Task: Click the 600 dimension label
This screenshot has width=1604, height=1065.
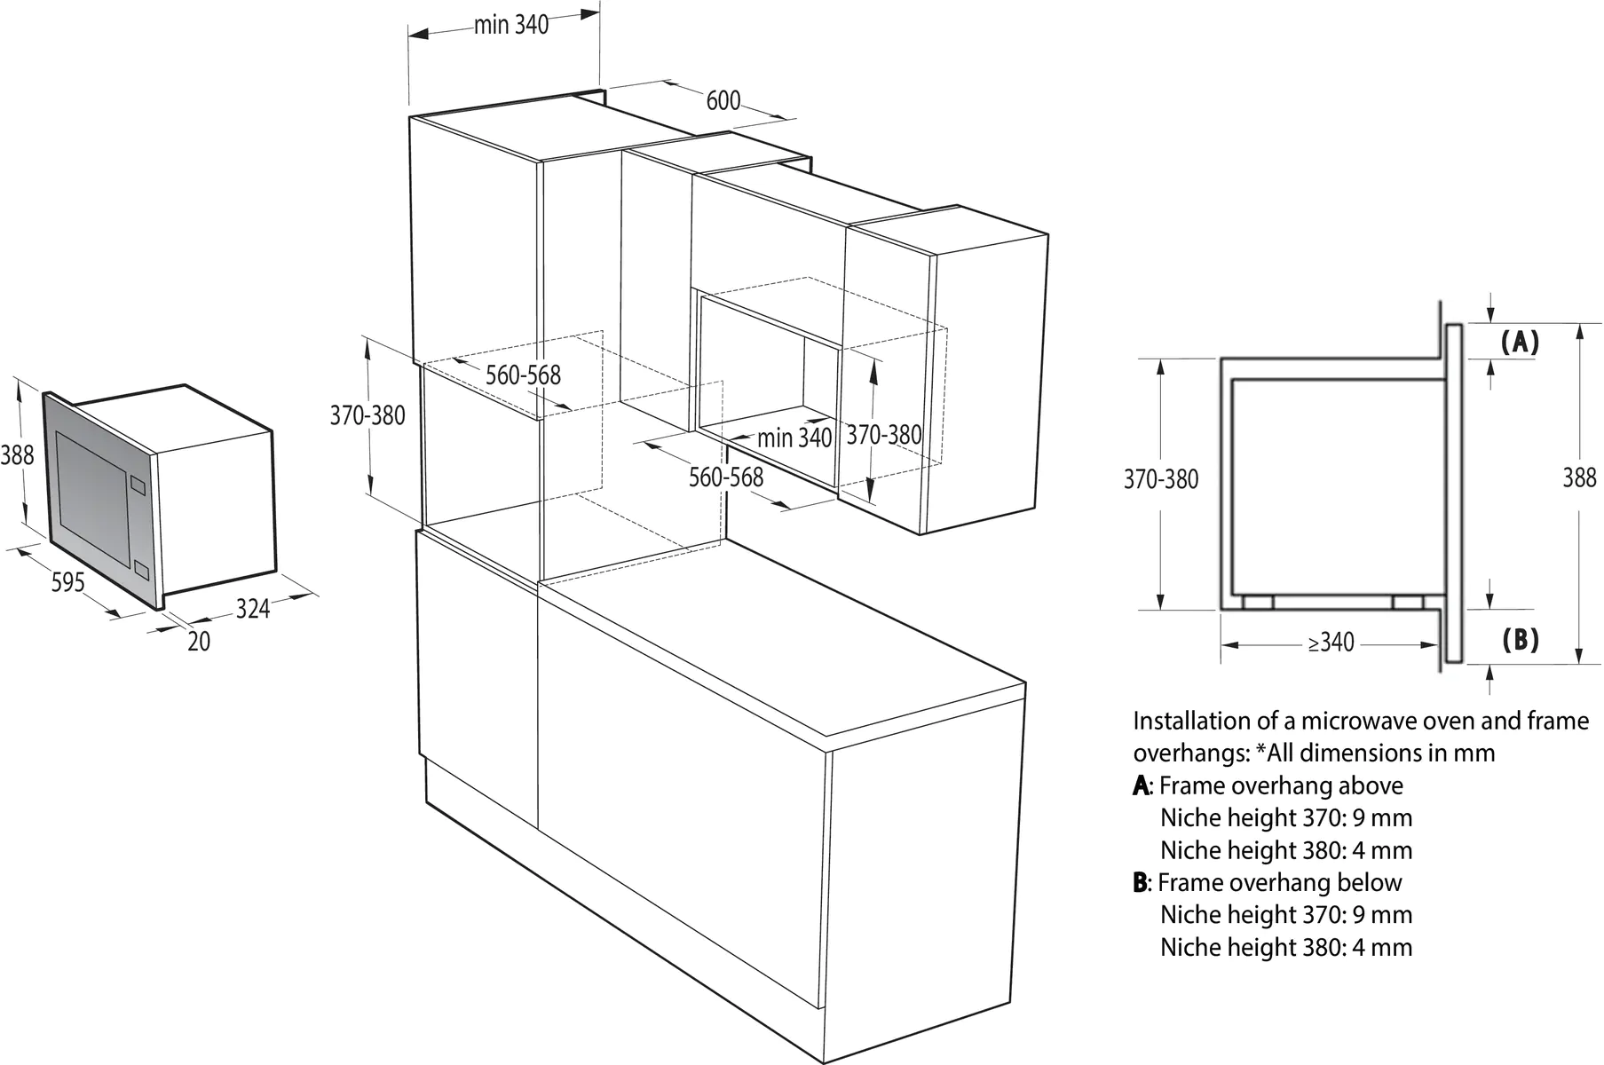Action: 723,100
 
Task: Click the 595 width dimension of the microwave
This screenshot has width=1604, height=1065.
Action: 67,582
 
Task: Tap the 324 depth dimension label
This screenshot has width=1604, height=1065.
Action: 253,609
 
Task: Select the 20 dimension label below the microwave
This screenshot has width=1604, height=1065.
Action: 199,641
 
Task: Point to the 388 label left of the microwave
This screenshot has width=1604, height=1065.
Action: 17,455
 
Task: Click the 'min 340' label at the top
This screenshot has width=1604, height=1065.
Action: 511,25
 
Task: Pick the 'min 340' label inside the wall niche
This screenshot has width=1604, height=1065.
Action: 794,437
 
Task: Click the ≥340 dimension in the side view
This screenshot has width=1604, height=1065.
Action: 1331,642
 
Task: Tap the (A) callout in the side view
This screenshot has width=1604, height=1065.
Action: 1520,342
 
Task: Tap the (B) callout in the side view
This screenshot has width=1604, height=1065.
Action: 1520,639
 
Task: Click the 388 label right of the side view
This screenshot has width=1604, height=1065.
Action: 1579,477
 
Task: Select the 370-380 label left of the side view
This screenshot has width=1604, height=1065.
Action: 1160,479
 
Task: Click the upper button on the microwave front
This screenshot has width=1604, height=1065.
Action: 137,484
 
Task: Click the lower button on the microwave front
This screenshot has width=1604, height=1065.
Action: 140,570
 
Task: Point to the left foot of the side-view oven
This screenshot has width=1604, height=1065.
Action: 1258,602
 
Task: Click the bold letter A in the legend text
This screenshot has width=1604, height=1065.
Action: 1140,785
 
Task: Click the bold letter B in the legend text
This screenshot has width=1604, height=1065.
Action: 1140,882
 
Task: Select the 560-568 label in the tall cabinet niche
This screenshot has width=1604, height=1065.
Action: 523,375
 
